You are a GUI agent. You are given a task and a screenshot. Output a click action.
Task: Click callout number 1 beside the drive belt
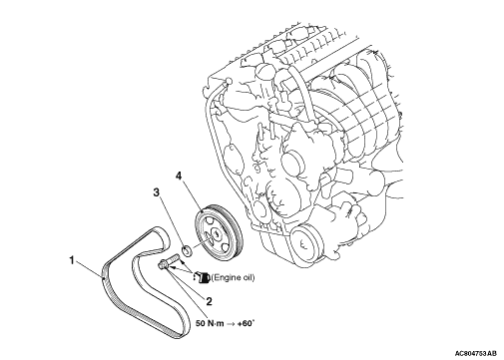(71, 260)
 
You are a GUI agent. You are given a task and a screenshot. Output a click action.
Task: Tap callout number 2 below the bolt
(209, 301)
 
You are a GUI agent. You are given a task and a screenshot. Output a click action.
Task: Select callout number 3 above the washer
(157, 192)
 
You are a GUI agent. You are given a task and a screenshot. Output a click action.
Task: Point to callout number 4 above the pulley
(179, 176)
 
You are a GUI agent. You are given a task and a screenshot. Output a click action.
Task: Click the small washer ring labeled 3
(187, 250)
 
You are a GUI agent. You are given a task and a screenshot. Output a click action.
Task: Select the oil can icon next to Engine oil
(202, 277)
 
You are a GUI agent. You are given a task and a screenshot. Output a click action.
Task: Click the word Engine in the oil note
(229, 277)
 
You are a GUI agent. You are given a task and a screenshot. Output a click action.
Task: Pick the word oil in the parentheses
(249, 277)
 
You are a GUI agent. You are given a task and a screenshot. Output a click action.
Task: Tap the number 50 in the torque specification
(201, 323)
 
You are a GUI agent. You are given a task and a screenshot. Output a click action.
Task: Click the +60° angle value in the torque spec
(246, 323)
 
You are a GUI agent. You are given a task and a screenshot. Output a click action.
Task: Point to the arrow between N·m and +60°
(231, 323)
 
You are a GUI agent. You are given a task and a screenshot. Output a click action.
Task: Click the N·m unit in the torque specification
(216, 323)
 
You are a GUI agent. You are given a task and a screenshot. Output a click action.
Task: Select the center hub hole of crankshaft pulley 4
(215, 233)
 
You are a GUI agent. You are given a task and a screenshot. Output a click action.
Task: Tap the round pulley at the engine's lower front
(305, 241)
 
